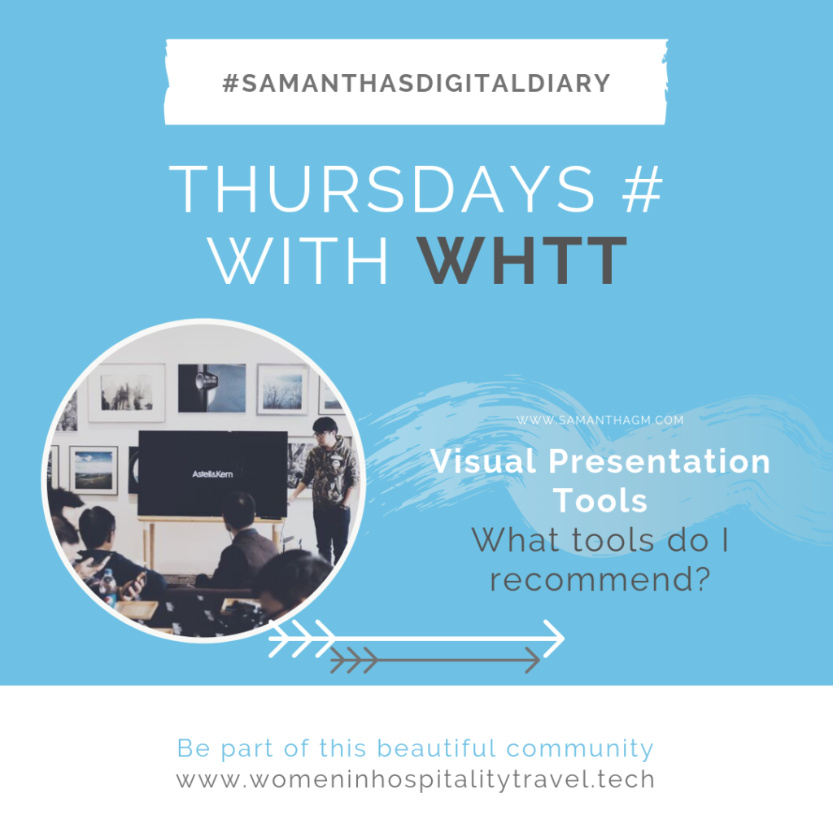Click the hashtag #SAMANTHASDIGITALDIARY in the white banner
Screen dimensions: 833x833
(x=416, y=84)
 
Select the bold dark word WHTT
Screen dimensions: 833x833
(x=521, y=260)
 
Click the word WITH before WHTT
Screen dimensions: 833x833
(x=299, y=260)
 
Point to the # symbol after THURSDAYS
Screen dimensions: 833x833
(x=643, y=189)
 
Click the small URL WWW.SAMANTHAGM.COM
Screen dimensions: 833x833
(x=600, y=421)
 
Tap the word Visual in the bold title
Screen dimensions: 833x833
(x=483, y=460)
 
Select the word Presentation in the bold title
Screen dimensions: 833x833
(x=659, y=460)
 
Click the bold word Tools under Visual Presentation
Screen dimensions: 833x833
(x=600, y=500)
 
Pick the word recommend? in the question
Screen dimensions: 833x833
(x=600, y=579)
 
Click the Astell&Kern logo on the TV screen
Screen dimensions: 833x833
(x=212, y=474)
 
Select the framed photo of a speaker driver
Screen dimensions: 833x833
(x=212, y=388)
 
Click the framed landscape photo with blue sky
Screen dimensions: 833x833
(x=94, y=470)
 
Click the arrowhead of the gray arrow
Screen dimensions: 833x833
(x=533, y=661)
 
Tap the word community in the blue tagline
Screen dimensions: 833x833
(x=579, y=748)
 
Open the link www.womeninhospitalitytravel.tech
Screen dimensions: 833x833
(x=416, y=779)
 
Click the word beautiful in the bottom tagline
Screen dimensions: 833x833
(x=436, y=748)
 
